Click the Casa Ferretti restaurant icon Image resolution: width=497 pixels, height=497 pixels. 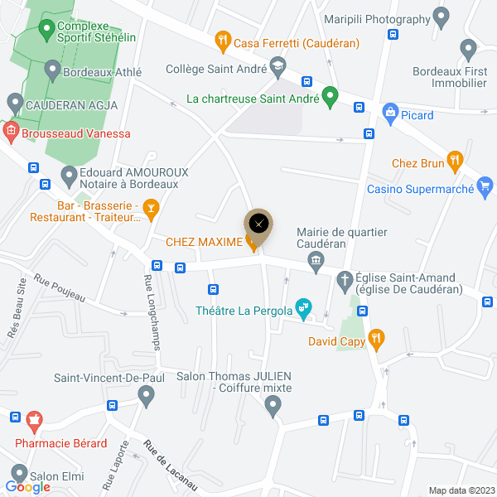[x=222, y=39]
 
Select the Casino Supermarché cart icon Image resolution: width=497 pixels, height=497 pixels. [x=487, y=186]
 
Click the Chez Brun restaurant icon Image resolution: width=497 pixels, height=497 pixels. [x=453, y=159]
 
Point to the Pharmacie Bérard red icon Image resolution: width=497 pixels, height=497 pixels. [x=34, y=422]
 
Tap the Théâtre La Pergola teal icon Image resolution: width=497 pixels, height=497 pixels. [x=304, y=309]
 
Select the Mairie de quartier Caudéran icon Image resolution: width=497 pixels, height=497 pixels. [x=316, y=263]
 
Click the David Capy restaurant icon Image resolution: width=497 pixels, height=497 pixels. [x=376, y=336]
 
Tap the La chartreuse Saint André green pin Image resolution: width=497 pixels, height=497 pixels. [x=330, y=96]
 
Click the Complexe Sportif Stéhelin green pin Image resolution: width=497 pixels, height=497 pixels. [x=44, y=28]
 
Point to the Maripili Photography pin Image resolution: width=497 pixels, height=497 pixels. [x=442, y=16]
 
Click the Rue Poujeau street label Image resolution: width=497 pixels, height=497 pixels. [x=59, y=286]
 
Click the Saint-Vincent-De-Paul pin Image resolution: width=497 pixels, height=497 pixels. [x=147, y=397]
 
